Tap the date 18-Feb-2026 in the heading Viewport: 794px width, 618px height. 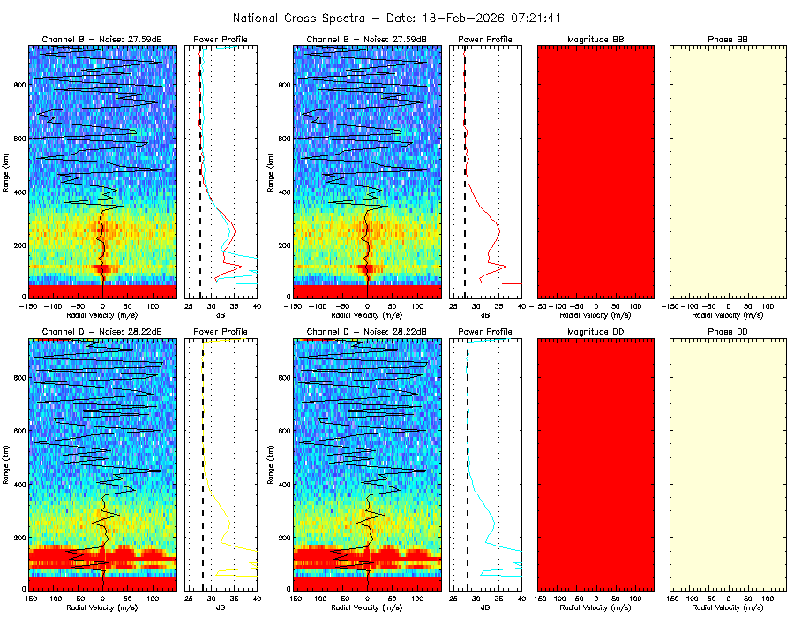[442, 18]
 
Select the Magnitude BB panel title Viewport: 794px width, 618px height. [595, 40]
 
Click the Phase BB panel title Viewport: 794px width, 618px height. [728, 40]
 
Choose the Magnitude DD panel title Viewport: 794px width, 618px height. [595, 331]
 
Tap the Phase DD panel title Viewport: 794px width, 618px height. [728, 331]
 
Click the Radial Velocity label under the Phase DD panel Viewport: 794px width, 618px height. [728, 608]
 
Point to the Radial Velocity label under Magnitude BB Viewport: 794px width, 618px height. [595, 314]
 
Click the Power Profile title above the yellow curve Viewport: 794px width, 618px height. [221, 331]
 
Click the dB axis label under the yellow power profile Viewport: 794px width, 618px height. [221, 608]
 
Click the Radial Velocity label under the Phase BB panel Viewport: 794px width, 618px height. [728, 314]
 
